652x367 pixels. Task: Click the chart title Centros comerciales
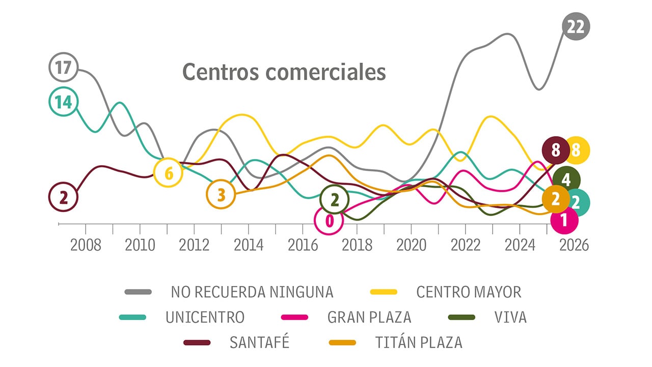284,72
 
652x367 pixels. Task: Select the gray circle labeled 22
576,26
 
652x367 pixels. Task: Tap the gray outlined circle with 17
63,67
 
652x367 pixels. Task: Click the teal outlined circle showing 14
63,102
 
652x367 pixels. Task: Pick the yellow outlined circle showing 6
169,173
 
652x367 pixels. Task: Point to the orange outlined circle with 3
221,195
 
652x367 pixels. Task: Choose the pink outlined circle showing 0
329,221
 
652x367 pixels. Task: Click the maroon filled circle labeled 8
556,150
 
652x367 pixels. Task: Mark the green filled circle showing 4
566,179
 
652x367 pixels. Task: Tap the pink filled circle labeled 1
564,220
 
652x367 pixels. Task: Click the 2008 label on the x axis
86,245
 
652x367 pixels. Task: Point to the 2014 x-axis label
249,245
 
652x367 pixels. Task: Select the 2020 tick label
411,245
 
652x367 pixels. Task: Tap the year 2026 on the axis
574,245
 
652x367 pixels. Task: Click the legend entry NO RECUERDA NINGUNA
252,292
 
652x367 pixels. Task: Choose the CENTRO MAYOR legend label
469,292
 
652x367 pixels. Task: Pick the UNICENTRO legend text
205,317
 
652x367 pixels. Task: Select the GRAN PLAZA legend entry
369,317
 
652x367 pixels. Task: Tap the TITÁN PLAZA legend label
419,342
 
